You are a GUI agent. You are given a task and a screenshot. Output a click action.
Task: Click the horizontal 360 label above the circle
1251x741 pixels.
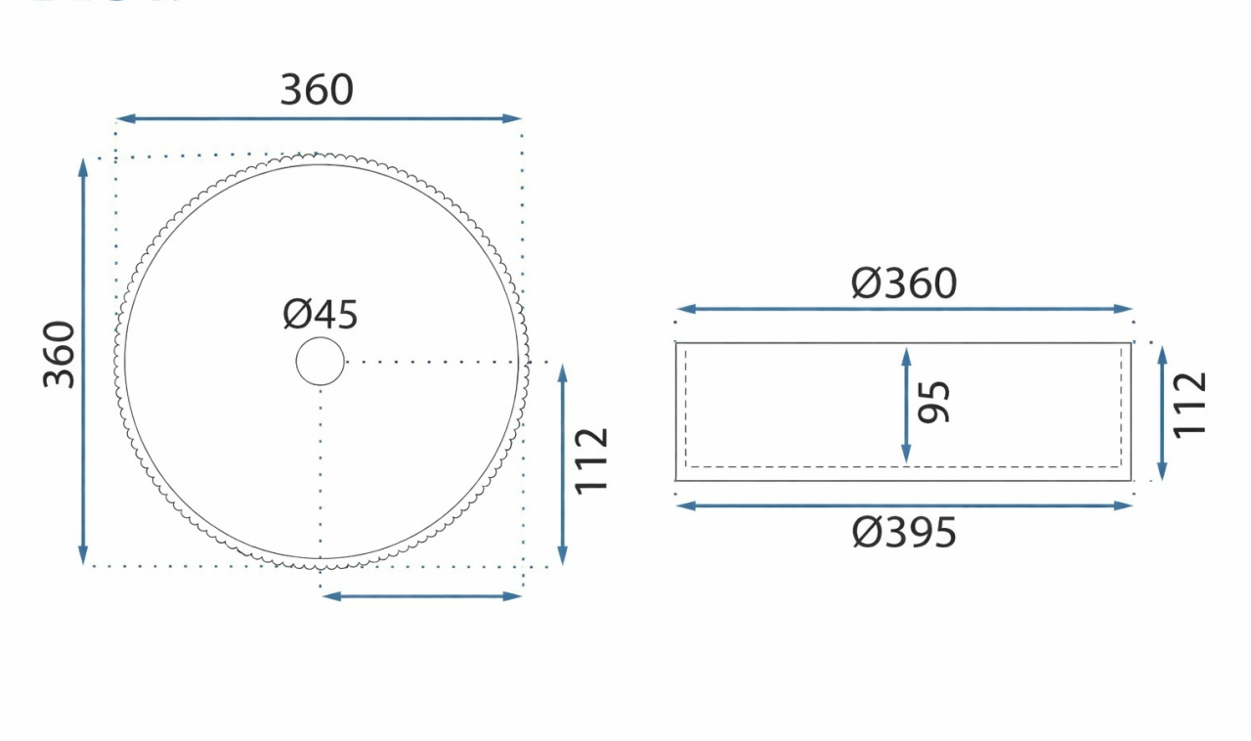pos(317,90)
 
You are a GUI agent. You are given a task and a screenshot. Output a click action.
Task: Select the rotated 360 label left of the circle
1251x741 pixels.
pos(60,353)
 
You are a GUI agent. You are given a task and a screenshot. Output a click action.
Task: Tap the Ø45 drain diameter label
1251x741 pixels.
pos(321,315)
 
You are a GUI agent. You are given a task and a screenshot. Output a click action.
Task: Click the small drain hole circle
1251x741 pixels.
pos(321,362)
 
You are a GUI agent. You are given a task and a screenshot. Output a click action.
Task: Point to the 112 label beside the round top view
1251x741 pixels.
pos(592,460)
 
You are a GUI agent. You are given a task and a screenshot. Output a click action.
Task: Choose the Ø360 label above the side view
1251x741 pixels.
pos(904,283)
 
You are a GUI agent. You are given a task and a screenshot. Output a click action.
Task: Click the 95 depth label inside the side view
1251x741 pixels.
pos(935,402)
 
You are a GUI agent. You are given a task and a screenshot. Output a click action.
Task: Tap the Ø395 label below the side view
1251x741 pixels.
pos(904,533)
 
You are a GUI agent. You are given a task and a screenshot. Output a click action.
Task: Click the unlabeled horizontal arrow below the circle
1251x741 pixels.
pos(421,595)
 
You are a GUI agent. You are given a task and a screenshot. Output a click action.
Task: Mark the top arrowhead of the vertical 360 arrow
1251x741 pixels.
pos(83,167)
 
